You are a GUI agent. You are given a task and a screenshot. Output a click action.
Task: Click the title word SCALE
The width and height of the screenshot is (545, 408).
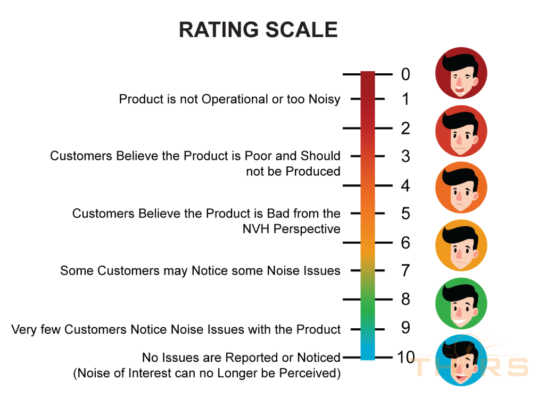click(x=302, y=30)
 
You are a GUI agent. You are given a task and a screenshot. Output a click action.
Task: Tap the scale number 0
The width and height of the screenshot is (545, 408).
click(x=406, y=74)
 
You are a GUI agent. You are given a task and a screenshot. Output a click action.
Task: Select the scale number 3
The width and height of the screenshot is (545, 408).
click(x=406, y=156)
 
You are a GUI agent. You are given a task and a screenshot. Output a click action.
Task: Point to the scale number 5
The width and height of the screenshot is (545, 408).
click(x=406, y=214)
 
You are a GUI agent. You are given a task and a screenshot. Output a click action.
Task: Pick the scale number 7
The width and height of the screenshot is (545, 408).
click(x=406, y=270)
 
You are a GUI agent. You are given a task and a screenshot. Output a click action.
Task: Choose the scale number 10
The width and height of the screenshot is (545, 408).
click(x=406, y=358)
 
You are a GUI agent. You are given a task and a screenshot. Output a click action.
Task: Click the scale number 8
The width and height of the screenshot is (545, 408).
click(x=406, y=299)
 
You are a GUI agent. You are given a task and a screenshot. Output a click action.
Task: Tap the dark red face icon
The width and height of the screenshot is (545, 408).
click(x=461, y=73)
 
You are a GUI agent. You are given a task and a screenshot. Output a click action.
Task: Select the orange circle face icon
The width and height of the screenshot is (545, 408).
click(x=461, y=188)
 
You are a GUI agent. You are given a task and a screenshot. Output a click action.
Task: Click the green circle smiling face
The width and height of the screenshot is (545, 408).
click(x=461, y=303)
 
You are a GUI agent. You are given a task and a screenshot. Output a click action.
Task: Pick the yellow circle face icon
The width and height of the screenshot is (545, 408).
click(x=461, y=245)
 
